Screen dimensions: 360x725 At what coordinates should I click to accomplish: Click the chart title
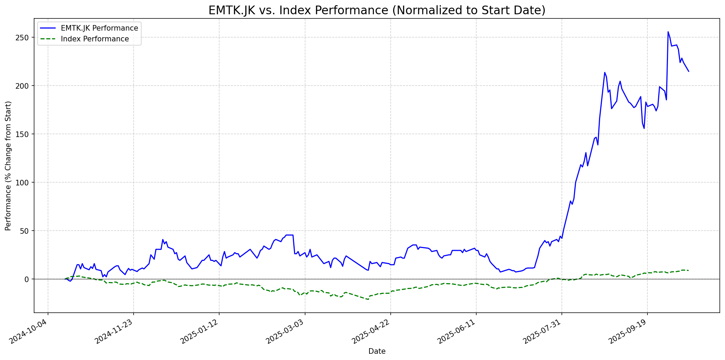click(x=377, y=10)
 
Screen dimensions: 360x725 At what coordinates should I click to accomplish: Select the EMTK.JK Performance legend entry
click(x=99, y=28)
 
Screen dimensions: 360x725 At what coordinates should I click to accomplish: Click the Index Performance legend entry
click(x=95, y=39)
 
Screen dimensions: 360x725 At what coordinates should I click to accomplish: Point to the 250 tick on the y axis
click(x=24, y=38)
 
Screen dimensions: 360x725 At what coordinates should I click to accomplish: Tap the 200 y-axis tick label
click(x=24, y=86)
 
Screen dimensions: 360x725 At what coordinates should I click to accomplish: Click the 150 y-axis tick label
click(x=24, y=134)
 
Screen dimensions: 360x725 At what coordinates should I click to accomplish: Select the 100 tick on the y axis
click(x=24, y=183)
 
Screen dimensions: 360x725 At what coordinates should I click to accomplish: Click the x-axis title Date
click(x=377, y=352)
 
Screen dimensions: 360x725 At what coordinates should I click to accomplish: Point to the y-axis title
click(x=8, y=166)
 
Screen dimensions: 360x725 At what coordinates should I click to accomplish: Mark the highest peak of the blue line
click(x=668, y=32)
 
